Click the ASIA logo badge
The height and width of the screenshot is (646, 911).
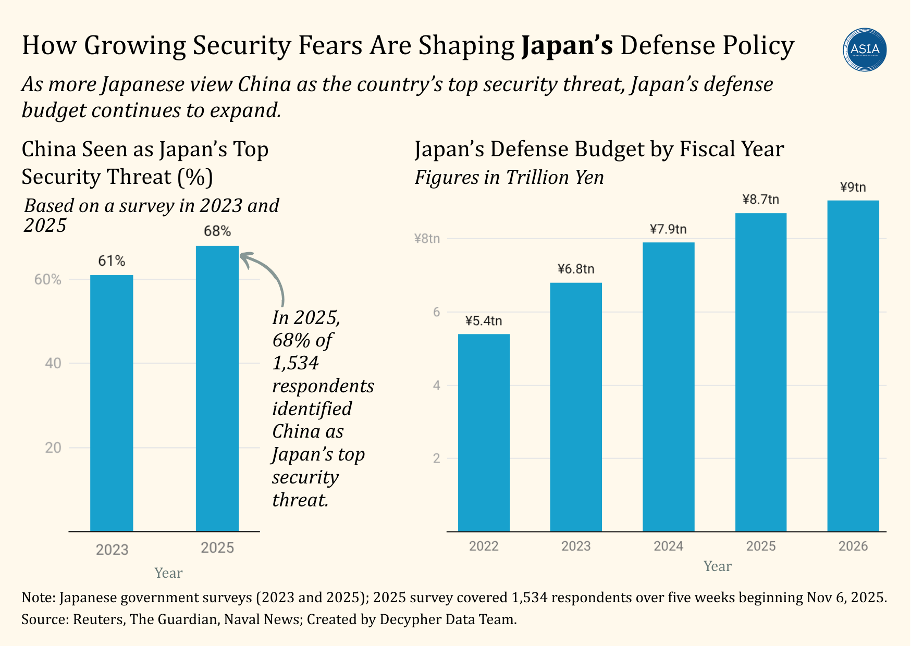pos(865,49)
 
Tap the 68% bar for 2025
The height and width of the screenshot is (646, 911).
pos(217,388)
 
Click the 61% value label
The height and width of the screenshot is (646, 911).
pos(112,261)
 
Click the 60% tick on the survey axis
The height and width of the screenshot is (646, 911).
pos(48,280)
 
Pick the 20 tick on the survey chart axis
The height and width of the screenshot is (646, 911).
pos(53,448)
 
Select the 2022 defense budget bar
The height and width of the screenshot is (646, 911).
pos(484,432)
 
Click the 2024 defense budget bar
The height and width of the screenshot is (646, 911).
pos(668,387)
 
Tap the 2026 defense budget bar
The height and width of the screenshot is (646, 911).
pos(853,366)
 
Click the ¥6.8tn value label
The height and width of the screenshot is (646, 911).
pos(576,269)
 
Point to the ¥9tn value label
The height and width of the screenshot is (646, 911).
pos(853,188)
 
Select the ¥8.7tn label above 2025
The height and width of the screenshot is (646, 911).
pos(760,200)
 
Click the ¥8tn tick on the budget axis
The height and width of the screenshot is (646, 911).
pos(427,239)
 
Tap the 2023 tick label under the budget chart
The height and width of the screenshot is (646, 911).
pos(576,546)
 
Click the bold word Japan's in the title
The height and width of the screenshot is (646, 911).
pos(567,45)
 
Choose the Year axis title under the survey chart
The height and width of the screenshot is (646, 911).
pos(168,573)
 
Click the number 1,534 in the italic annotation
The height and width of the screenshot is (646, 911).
pos(296,363)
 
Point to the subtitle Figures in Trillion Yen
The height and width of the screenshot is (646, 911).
pos(509,178)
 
